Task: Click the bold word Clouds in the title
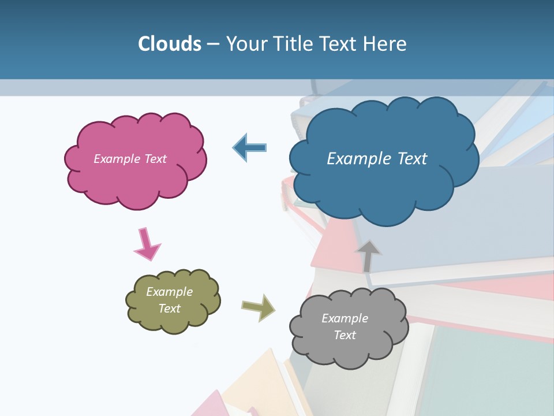pos(169,44)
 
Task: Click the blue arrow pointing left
pos(250,147)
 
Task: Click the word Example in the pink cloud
pos(115,159)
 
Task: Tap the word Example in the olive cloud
pos(169,292)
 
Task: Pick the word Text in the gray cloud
pos(345,335)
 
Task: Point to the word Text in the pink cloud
pos(155,159)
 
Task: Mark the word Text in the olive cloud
pos(169,309)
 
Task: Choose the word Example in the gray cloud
pos(345,318)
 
